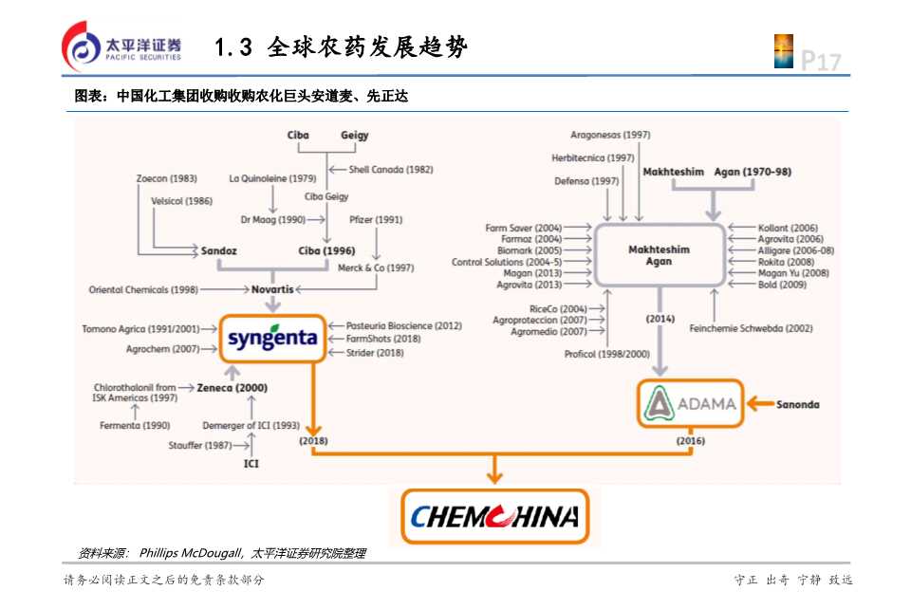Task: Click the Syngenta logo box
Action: pos(272,339)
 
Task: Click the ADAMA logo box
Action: pos(690,403)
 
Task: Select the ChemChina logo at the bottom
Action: pos(494,516)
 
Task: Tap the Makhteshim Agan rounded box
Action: pos(659,255)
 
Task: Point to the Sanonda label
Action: pos(797,404)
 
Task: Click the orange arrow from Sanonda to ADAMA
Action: pos(760,404)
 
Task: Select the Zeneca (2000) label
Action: pos(232,387)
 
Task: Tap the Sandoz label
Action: pos(218,251)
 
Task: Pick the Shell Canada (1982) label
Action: pos(391,170)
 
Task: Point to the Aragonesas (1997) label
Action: pos(610,135)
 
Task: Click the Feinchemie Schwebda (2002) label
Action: pos(751,328)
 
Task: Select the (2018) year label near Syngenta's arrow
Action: pos(312,441)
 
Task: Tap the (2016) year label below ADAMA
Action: pos(690,441)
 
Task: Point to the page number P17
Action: pos(821,62)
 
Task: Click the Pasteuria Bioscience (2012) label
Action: pos(403,325)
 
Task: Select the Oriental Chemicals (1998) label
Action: pos(143,289)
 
